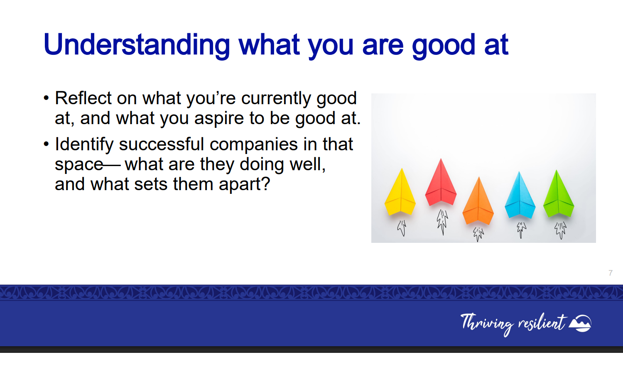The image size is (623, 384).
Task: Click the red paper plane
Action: click(441, 182)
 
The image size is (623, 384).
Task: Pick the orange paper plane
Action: click(478, 201)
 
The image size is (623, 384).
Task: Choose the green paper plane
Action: click(559, 193)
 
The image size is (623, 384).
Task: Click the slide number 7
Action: click(611, 273)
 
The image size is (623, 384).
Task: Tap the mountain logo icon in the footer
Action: click(580, 323)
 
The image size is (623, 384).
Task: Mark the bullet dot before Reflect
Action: click(46, 98)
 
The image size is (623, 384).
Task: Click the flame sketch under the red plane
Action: click(442, 222)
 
